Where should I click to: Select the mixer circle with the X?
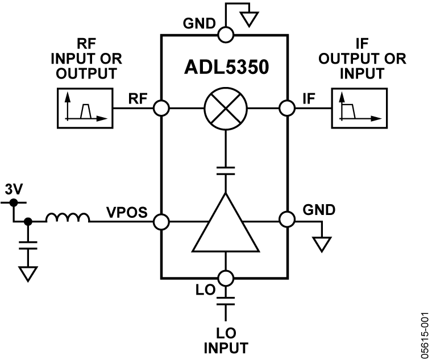(226, 107)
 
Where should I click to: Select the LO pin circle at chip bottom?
(226, 279)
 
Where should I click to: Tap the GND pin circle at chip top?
(226, 35)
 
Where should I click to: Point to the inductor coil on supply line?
(68, 218)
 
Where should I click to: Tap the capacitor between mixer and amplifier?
(226, 171)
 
